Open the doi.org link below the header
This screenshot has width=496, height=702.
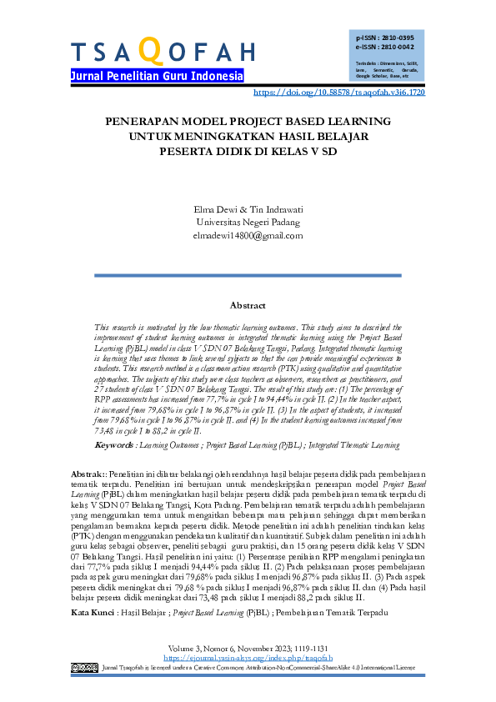338,93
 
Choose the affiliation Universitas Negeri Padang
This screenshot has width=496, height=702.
248,223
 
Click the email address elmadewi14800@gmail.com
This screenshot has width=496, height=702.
248,236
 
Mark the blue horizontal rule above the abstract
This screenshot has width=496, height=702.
248,275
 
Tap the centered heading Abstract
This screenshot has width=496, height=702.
248,306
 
